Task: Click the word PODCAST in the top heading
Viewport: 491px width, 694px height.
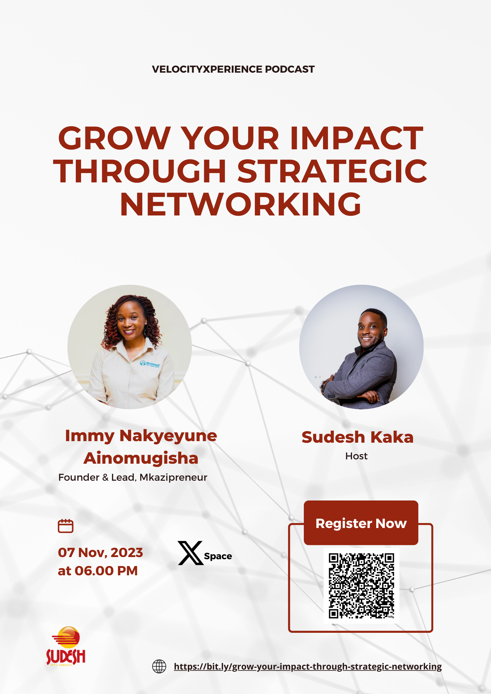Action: (x=290, y=69)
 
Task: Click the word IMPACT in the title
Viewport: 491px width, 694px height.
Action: (x=356, y=138)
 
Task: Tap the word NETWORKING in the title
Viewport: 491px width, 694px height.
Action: (x=240, y=204)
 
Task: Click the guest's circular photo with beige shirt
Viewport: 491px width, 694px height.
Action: (x=130, y=347)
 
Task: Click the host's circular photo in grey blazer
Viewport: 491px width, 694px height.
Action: (x=361, y=347)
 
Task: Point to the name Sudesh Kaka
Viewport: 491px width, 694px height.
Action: (x=357, y=437)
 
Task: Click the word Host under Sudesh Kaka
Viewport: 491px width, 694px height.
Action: (x=356, y=456)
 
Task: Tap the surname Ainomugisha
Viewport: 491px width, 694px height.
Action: (x=141, y=458)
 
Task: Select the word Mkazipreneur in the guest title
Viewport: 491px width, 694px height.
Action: (x=173, y=478)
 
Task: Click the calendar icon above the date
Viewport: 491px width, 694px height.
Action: (x=66, y=526)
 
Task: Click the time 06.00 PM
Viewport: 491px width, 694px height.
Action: (x=106, y=571)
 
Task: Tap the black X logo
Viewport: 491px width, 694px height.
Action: (x=191, y=553)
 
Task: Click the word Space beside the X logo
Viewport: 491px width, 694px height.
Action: (x=218, y=556)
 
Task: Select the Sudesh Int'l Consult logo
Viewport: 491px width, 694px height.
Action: (x=66, y=646)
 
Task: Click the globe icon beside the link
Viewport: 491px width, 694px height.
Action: (x=159, y=666)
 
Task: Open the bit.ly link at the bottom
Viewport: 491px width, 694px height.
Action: (x=308, y=666)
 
